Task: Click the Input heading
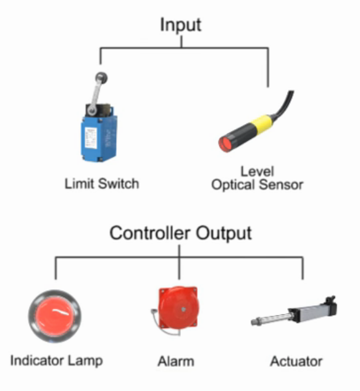pos(180,25)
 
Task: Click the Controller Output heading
pos(180,233)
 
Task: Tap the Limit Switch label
pos(102,183)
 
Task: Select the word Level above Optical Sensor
pos(257,171)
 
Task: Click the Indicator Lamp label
pos(56,360)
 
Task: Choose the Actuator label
pos(296,361)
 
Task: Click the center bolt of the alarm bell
pos(182,309)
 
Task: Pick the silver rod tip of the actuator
pos(255,322)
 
